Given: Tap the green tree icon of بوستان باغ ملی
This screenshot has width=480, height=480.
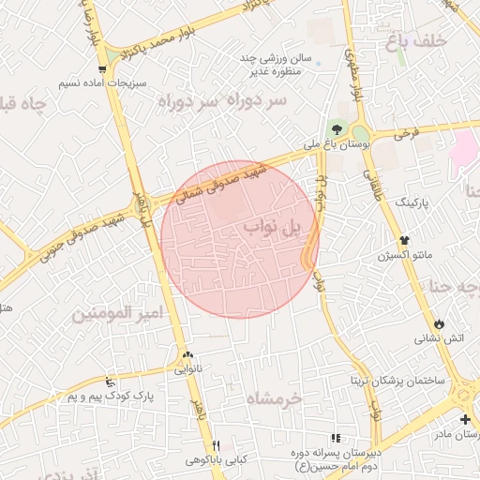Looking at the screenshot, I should (x=336, y=129).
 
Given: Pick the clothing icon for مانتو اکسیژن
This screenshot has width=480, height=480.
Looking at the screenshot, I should (x=404, y=239).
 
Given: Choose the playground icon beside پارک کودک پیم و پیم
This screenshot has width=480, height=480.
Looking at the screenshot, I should (x=111, y=382).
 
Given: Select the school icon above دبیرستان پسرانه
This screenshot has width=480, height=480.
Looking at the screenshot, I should (x=337, y=438).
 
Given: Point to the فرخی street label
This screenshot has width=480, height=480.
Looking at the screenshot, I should (x=405, y=134).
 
